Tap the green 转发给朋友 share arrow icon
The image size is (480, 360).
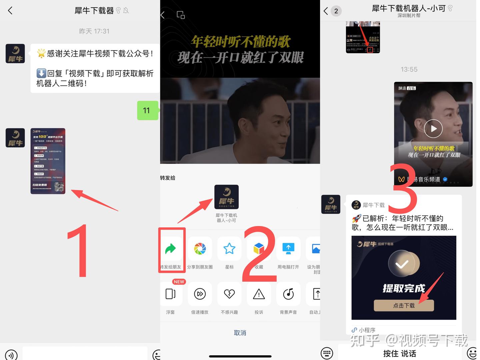pyautogui.click(x=171, y=249)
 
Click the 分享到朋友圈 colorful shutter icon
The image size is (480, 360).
pyautogui.click(x=200, y=249)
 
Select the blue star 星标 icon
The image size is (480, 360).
pyautogui.click(x=229, y=249)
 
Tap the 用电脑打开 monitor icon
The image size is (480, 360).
pyautogui.click(x=288, y=249)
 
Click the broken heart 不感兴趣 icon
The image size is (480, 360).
pyautogui.click(x=229, y=294)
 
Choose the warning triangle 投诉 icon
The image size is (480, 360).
pyautogui.click(x=259, y=294)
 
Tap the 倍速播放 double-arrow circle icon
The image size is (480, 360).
pyautogui.click(x=200, y=294)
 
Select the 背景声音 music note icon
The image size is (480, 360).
pyautogui.click(x=288, y=294)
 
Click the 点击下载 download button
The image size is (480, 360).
pyautogui.click(x=404, y=305)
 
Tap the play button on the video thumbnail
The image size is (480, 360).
pyautogui.click(x=433, y=129)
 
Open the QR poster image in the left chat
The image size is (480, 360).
pyautogui.click(x=48, y=161)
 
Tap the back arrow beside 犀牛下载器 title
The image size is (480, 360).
pyautogui.click(x=10, y=11)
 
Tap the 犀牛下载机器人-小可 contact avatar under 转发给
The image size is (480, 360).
pyautogui.click(x=226, y=197)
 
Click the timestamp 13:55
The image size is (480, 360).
pyautogui.click(x=409, y=69)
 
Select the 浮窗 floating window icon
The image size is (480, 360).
pyautogui.click(x=171, y=294)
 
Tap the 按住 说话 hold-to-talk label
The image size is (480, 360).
pyautogui.click(x=399, y=353)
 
